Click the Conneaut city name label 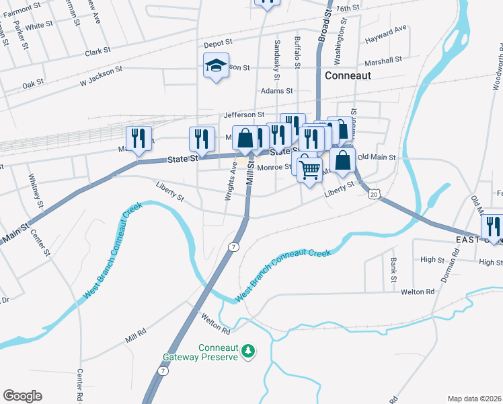(348, 75)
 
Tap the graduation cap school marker (217, 66)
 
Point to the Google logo (22, 395)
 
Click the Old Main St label (379, 157)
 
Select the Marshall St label (384, 59)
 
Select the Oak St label (32, 84)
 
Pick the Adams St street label (277, 90)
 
